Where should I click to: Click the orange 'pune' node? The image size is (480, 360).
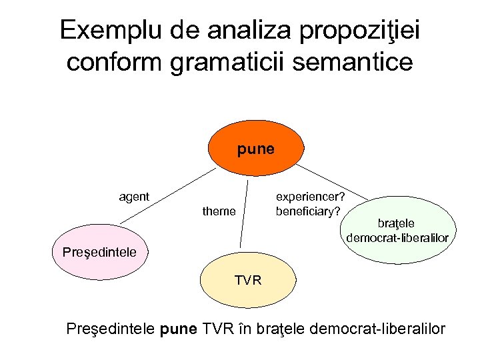[255, 149]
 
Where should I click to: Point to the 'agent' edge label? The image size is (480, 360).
[133, 197]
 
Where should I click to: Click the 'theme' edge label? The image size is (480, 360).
[219, 211]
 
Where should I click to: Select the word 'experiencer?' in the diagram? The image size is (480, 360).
[310, 197]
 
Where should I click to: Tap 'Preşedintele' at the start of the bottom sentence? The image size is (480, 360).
[111, 329]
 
